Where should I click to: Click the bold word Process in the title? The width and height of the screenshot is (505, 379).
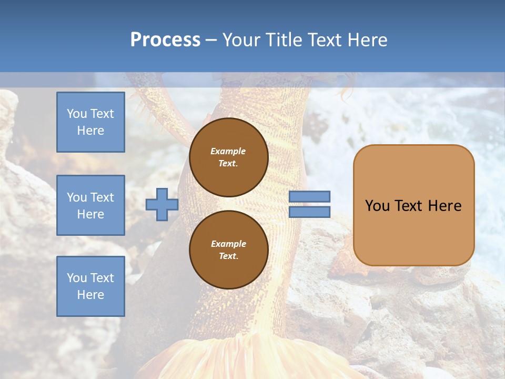[165, 40]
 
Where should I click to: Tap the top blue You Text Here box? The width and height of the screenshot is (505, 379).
[90, 122]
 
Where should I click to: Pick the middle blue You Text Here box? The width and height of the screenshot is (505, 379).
[90, 205]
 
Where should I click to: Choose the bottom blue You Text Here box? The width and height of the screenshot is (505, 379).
[90, 286]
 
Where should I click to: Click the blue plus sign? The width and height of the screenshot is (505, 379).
[161, 204]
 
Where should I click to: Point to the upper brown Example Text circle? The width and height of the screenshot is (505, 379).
[228, 157]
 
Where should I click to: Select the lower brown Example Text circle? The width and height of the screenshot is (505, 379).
[228, 250]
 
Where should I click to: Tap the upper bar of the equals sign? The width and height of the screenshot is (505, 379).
[309, 196]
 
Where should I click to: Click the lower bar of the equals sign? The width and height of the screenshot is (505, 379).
[309, 212]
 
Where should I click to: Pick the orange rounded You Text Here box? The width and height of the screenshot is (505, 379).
[413, 205]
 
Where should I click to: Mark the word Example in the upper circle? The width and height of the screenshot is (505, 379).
[228, 151]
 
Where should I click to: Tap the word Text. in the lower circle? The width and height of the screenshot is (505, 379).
[228, 256]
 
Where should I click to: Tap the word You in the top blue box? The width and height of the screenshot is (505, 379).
[76, 114]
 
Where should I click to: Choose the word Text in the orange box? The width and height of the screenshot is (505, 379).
[406, 206]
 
